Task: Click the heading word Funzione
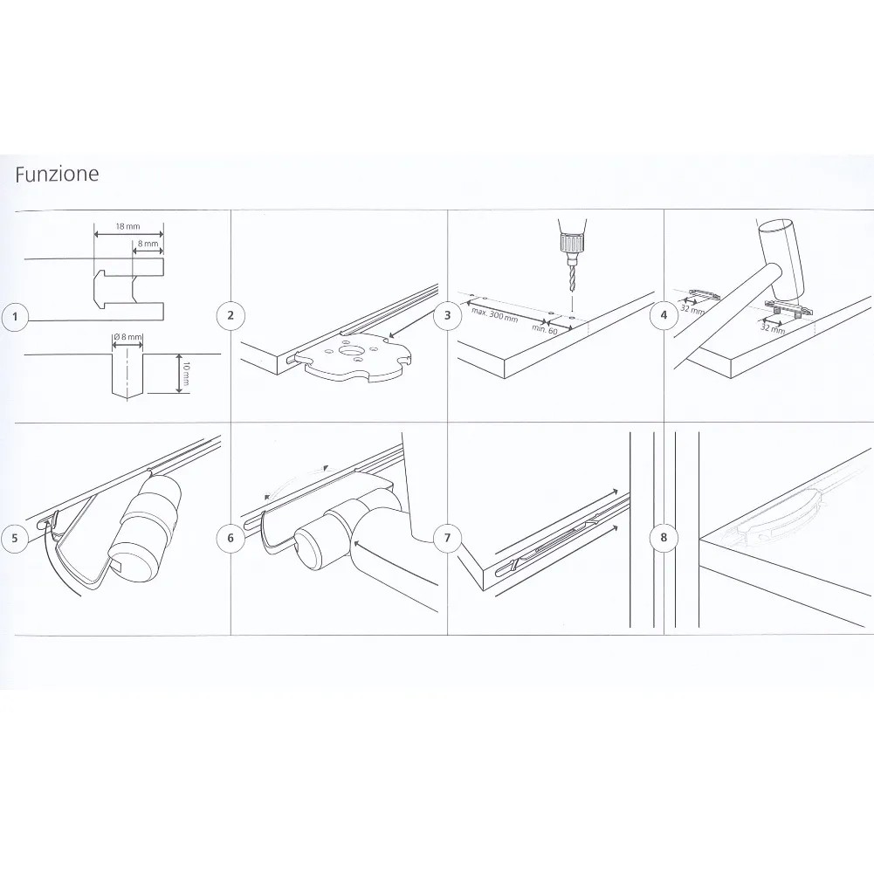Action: tap(57, 174)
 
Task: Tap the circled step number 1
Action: tap(15, 317)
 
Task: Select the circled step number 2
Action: tap(231, 315)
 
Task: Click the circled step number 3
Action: tap(447, 315)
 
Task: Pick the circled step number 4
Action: tap(664, 315)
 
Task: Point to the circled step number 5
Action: tap(15, 538)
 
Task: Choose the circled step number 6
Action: tap(231, 538)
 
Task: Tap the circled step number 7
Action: tap(447, 538)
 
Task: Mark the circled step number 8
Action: tap(664, 537)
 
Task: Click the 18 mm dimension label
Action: tap(127, 226)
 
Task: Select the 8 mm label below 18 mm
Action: tap(148, 244)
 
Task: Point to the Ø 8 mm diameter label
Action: tap(127, 337)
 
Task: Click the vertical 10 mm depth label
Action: tap(186, 374)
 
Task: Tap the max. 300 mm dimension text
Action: tap(494, 314)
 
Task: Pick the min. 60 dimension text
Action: tap(545, 328)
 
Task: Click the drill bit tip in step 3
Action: tap(573, 292)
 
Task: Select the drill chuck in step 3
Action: tap(573, 244)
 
